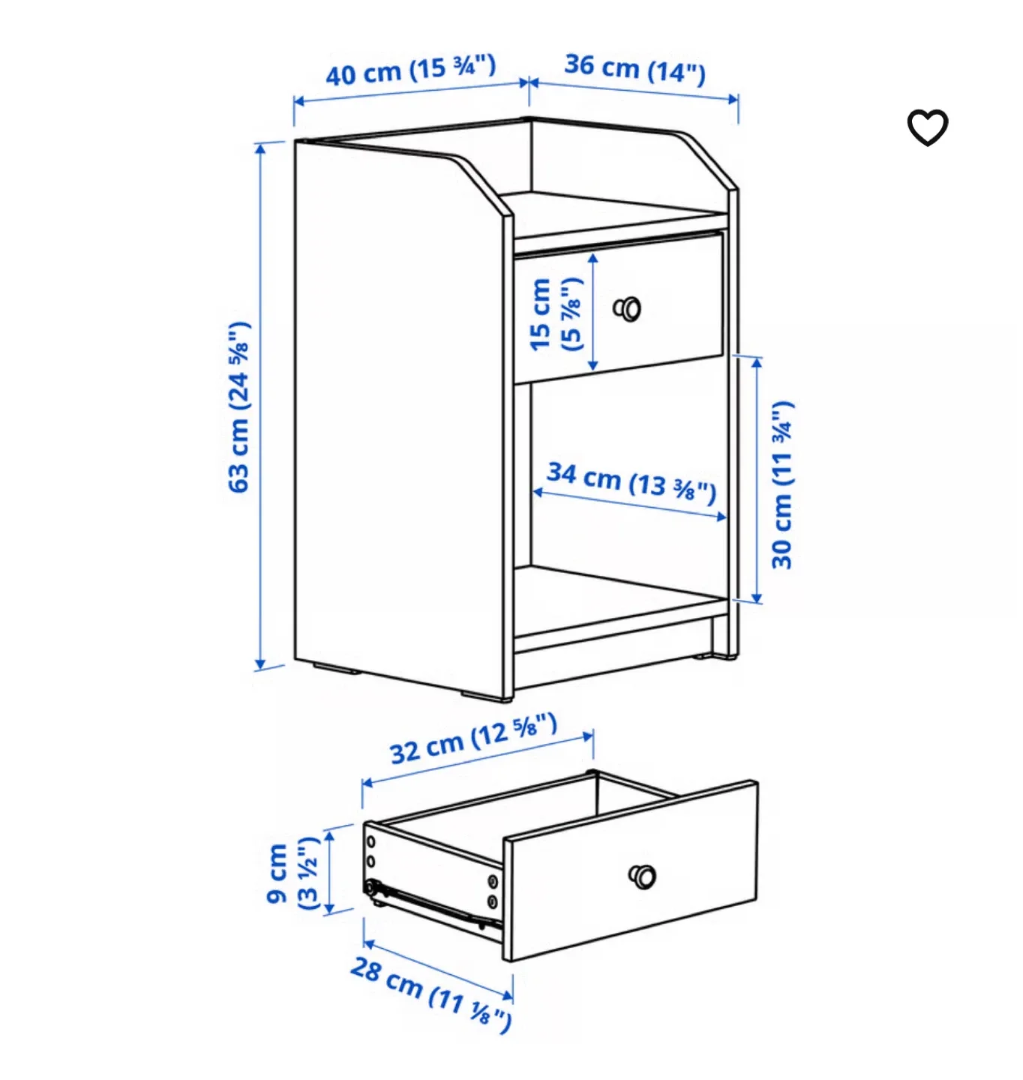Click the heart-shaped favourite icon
tap(928, 127)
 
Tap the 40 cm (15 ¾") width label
tap(410, 70)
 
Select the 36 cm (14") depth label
tap(634, 69)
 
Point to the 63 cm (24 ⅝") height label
tap(239, 407)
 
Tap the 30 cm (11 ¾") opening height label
tap(781, 484)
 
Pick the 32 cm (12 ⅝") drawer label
tap(473, 739)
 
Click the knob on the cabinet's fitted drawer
tap(628, 308)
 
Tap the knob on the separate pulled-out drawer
tap(643, 875)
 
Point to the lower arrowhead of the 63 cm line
tap(260, 663)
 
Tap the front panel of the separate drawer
tap(630, 870)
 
